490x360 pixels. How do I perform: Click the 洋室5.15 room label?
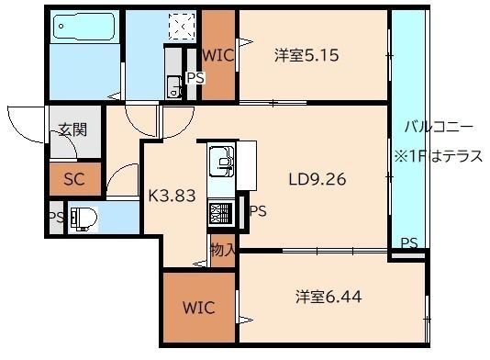(x=307, y=56)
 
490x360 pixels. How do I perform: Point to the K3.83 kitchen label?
(x=173, y=194)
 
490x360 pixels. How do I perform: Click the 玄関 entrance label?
(x=73, y=129)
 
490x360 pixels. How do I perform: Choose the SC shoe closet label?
(x=73, y=180)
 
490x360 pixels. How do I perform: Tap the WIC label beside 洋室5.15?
(x=219, y=55)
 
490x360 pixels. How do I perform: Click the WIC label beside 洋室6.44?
(x=199, y=307)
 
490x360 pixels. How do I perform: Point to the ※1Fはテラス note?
(x=440, y=156)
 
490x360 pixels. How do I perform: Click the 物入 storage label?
(x=223, y=249)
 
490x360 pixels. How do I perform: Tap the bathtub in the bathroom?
(x=84, y=30)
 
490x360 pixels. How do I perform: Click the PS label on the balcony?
(x=409, y=243)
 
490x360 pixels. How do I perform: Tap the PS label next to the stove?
(x=259, y=211)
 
